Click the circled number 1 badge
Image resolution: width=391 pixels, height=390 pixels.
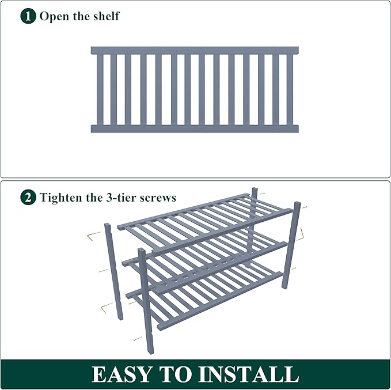point(28,16)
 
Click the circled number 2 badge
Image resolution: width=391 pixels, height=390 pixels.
point(28,198)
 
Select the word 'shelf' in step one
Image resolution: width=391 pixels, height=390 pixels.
point(107,16)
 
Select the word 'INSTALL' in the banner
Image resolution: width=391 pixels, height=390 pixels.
point(249,374)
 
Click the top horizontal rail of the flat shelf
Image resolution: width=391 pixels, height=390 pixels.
point(195,51)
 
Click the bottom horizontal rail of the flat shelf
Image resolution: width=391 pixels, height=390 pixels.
point(195,128)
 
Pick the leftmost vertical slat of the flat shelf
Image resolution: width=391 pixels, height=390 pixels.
point(100,89)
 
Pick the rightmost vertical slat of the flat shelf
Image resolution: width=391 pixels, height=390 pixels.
point(290,89)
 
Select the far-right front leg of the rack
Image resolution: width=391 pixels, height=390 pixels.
point(291,245)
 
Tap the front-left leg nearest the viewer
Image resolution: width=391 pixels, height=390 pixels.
point(147,288)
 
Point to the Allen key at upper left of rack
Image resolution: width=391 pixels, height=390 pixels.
point(94,234)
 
